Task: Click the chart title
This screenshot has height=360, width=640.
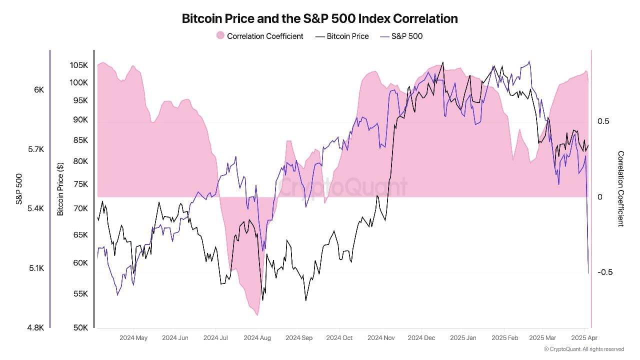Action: tap(319, 19)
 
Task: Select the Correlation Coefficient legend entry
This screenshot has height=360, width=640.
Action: tap(259, 36)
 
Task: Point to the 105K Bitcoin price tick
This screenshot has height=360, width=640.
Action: tap(79, 65)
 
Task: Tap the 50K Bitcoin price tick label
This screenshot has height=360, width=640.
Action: tap(80, 328)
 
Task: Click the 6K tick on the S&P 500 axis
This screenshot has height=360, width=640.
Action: tap(39, 90)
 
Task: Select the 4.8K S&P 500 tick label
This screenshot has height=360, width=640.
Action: tap(35, 328)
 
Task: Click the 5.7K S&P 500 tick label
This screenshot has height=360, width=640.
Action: tap(35, 149)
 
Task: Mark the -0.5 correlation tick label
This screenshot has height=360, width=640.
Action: tap(605, 272)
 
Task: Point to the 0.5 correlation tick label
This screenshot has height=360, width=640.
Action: tap(603, 121)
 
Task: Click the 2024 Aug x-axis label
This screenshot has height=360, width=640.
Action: tap(257, 338)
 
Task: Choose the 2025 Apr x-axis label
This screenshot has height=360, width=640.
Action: tap(584, 338)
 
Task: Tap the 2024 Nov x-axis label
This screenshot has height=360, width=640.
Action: tap(381, 338)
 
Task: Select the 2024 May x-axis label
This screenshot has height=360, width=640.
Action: tap(133, 338)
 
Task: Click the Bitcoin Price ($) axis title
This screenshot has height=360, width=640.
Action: tap(60, 189)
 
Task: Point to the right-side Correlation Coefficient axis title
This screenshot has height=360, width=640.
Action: tap(621, 189)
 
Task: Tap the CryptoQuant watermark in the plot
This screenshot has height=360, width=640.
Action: tap(342, 187)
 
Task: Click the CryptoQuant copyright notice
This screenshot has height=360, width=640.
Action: tap(584, 349)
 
